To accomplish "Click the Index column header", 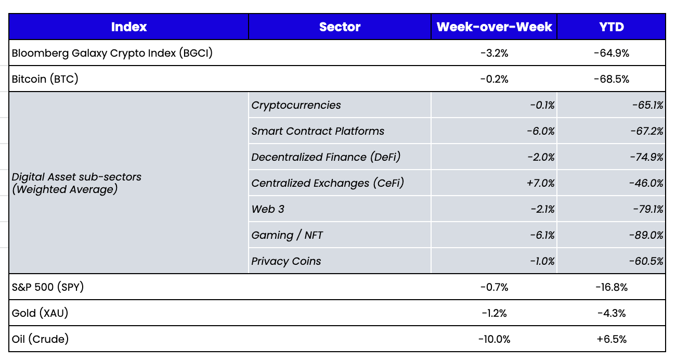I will click(129, 27).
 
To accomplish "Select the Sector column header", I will click(340, 27).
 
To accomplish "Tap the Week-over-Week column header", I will click(494, 27).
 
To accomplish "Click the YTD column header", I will click(611, 27).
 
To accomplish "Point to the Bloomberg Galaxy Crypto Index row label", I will click(112, 53).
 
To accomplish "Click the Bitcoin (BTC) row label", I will click(45, 79).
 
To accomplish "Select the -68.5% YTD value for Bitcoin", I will click(611, 79).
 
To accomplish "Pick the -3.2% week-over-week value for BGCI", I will click(494, 53).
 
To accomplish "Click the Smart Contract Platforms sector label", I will click(318, 131).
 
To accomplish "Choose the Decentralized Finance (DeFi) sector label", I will click(326, 157).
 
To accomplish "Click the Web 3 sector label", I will click(268, 209).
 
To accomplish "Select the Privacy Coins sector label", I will click(286, 261).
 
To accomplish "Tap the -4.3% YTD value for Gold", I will click(611, 313).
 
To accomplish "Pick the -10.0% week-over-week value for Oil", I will click(494, 339).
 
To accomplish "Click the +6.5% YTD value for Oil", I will click(611, 339).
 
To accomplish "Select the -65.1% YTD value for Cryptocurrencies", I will click(648, 105).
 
